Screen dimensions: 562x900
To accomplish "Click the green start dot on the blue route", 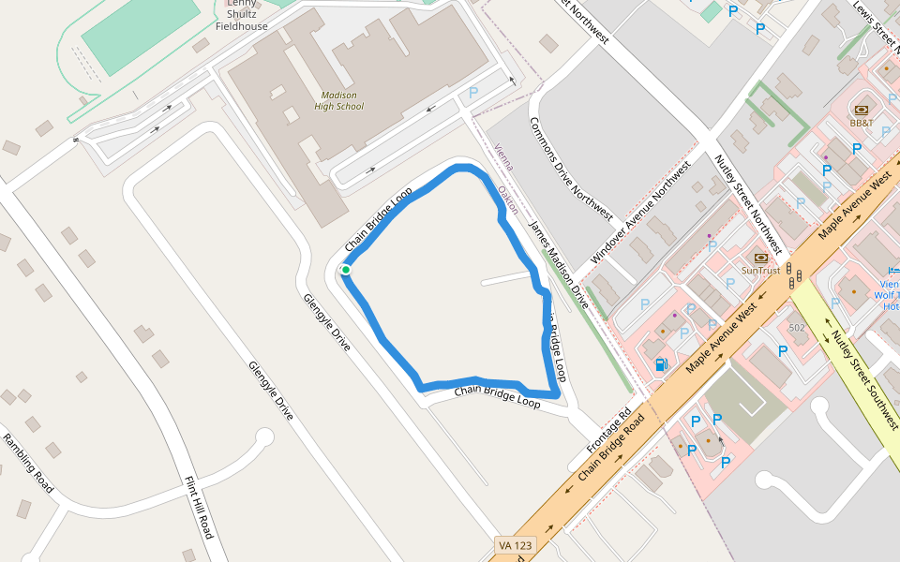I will click(346, 270).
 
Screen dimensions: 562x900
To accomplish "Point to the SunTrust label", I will click(760, 271).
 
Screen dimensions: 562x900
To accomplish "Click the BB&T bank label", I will click(861, 123).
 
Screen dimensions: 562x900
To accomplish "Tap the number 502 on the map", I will click(797, 327).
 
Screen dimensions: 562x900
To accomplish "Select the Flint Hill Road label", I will click(199, 508).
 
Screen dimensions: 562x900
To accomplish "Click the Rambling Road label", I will click(27, 464).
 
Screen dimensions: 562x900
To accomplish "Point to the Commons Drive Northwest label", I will click(571, 169).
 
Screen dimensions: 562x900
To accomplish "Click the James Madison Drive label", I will click(559, 265).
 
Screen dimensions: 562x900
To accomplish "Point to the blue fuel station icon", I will click(661, 363).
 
